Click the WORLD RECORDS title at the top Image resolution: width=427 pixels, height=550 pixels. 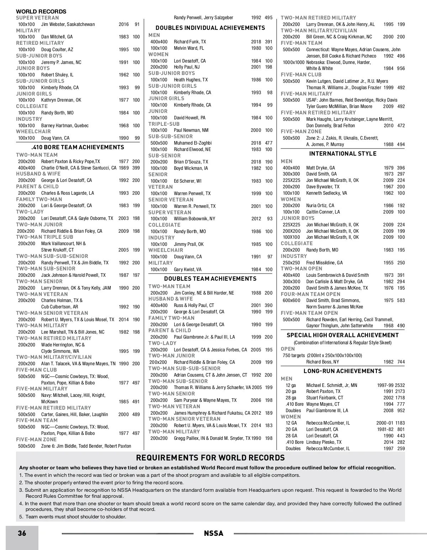coord(41,11)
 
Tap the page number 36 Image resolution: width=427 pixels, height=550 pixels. coord(22,533)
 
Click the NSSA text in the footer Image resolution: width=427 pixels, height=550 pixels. coord(213,533)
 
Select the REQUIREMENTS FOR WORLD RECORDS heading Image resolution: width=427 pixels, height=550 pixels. coord(211,458)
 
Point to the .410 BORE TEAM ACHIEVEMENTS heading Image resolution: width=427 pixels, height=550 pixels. coord(78,147)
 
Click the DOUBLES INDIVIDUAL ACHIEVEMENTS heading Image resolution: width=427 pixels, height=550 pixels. coord(210,28)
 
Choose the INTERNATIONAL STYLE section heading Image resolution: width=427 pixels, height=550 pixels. coord(343,153)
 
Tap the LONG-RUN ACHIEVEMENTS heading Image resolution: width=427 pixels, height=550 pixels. coord(342,371)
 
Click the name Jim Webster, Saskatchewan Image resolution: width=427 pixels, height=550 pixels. coord(68,24)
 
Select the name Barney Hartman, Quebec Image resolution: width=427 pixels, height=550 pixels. coord(65,125)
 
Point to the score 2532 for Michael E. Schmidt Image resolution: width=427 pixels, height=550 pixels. coord(400,385)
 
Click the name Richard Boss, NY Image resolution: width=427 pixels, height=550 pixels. coord(322,362)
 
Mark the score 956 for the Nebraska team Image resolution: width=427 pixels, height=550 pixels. coord(401,68)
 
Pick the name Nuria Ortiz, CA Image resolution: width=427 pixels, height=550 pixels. coord(320,205)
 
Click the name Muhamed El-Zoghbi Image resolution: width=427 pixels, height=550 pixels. coord(193,143)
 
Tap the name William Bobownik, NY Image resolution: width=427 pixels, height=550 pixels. coord(194,219)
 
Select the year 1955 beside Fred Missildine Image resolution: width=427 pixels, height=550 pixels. coord(389,263)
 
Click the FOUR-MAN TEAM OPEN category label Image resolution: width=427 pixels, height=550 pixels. coord(310,294)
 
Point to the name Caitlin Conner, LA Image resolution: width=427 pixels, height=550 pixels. coord(323,212)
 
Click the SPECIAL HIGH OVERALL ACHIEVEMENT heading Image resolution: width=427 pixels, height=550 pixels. coord(343,335)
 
